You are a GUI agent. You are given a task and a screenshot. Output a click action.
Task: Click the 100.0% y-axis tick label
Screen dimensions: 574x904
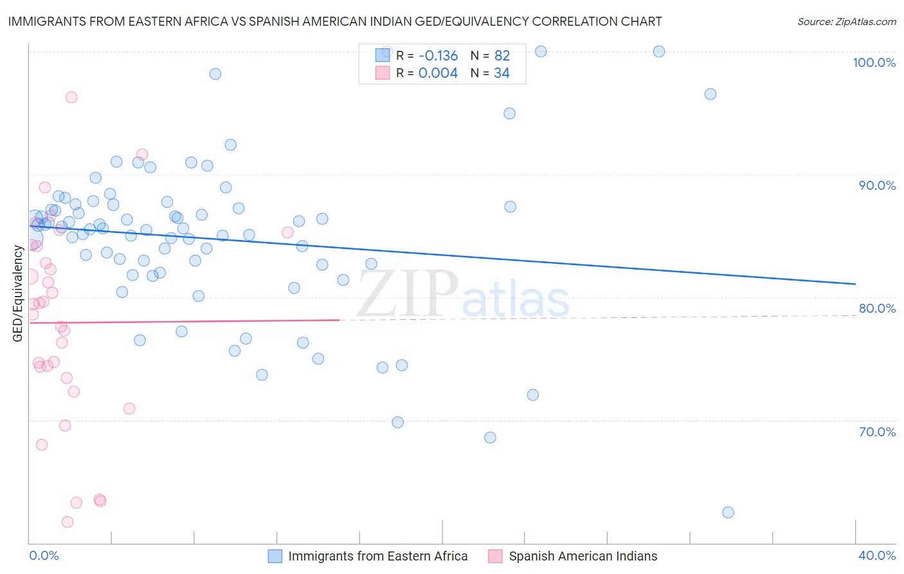[x=874, y=62]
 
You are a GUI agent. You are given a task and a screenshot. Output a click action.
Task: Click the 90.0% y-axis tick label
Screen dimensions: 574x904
[x=877, y=185]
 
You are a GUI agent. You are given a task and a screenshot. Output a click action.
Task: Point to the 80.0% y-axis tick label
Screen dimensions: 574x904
[x=877, y=308]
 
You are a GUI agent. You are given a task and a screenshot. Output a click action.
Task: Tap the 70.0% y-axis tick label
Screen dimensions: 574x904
[x=877, y=432]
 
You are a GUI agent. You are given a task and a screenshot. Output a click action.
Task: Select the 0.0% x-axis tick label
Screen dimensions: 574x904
[x=44, y=555]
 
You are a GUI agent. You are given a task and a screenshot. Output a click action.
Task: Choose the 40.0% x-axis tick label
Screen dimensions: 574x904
[x=877, y=555]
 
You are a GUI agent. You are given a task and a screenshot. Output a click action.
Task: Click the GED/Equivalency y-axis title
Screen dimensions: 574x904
[x=18, y=293]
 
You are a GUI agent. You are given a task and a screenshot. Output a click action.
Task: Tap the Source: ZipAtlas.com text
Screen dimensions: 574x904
[x=846, y=22]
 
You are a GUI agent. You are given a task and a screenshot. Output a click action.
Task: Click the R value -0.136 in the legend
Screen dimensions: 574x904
[x=438, y=56]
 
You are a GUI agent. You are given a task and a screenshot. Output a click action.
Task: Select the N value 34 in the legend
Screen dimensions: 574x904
[x=502, y=73]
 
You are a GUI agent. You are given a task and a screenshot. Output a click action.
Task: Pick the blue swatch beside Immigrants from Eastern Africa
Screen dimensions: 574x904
[x=275, y=556]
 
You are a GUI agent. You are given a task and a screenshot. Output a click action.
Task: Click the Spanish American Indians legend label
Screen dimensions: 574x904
[x=583, y=556]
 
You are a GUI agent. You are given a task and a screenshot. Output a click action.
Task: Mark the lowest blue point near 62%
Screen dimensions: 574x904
[x=728, y=512]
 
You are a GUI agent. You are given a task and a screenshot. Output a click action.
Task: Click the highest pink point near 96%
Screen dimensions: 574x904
[x=71, y=97]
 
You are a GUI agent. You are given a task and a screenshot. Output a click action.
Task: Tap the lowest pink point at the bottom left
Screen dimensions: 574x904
[x=68, y=522]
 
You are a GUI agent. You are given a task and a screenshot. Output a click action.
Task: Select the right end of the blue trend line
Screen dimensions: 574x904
[x=855, y=284]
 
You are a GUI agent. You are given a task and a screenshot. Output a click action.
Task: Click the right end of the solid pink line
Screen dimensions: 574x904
[x=339, y=319]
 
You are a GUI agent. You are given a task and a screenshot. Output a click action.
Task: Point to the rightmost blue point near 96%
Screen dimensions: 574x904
[x=710, y=94]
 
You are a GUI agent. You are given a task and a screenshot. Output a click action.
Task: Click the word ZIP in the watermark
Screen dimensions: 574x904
[x=407, y=293]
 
